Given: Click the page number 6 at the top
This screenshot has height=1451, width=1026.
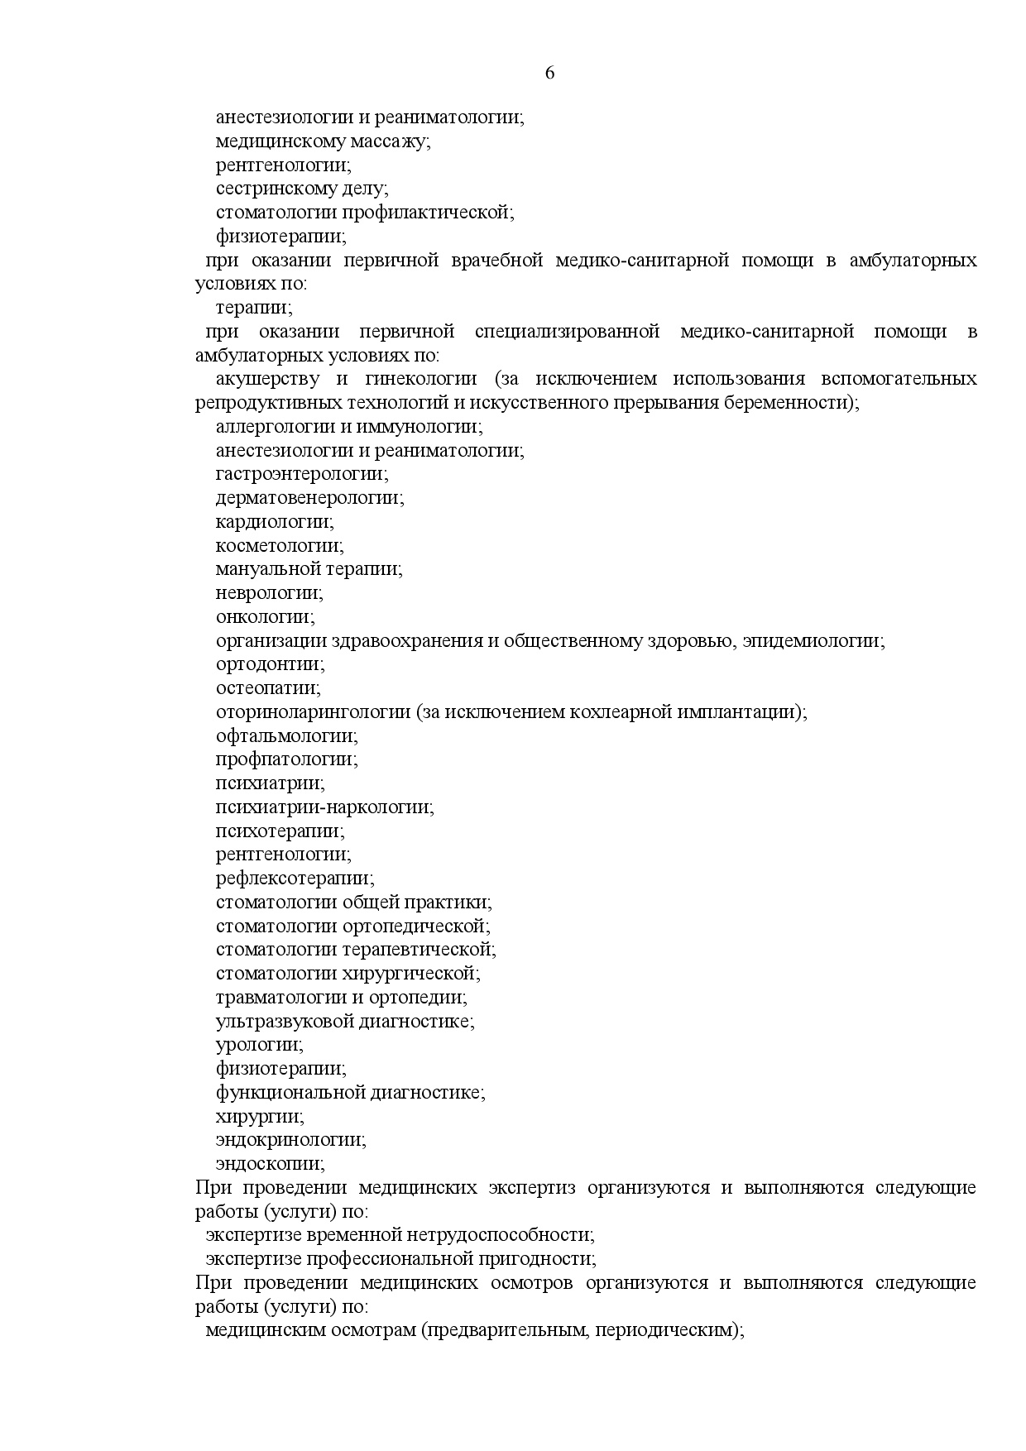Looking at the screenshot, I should click(550, 73).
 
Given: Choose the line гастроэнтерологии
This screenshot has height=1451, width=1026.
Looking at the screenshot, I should click(302, 474).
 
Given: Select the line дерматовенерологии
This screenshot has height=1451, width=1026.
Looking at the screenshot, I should click(310, 498).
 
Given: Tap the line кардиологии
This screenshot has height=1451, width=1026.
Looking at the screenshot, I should click(275, 522).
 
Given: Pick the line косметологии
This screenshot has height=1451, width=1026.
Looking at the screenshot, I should click(280, 546).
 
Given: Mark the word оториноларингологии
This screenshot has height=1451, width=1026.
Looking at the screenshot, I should click(314, 712).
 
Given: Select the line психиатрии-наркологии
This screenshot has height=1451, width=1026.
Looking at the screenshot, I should click(325, 807).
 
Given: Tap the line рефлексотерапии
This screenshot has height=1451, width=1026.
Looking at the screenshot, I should click(295, 879).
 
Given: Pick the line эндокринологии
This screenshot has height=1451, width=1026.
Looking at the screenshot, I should click(291, 1140).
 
